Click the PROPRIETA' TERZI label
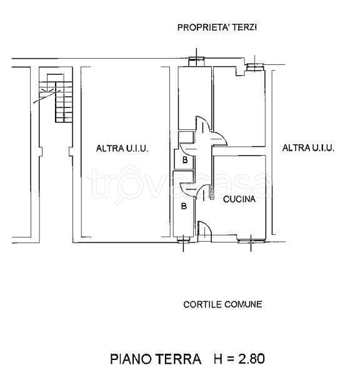tap(217, 27)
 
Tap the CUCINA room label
tap(239, 199)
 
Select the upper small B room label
tap(184, 161)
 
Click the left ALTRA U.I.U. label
tap(122, 149)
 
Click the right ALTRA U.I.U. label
tap(308, 148)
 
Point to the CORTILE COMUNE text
tap(222, 305)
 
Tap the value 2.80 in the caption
tap(247, 359)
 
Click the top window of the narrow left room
tap(197, 61)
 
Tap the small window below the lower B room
tap(182, 238)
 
